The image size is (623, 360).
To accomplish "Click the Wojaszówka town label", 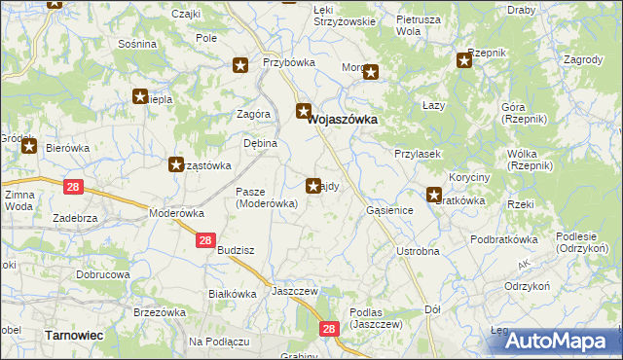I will (343, 120).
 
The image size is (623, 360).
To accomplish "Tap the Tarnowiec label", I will (75, 335).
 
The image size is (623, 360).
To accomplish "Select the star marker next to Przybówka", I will (240, 66).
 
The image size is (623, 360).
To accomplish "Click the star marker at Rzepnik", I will (464, 61).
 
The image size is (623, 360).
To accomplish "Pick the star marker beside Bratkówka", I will (435, 195).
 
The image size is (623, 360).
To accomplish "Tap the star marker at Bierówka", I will (29, 147).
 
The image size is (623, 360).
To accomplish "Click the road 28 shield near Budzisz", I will (204, 240).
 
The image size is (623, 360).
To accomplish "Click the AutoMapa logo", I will (565, 340).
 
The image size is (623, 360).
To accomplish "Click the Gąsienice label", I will (391, 210).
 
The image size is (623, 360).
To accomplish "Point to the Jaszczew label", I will (296, 291).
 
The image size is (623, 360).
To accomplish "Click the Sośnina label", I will (136, 44).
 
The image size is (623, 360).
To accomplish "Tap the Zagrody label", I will (583, 59).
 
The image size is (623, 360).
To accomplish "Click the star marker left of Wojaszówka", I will (304, 111).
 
